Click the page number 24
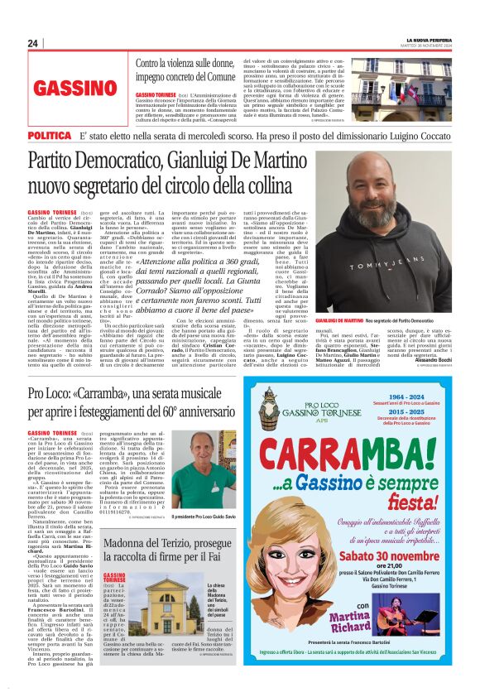coord(33,43)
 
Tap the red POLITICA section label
coord(50,135)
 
